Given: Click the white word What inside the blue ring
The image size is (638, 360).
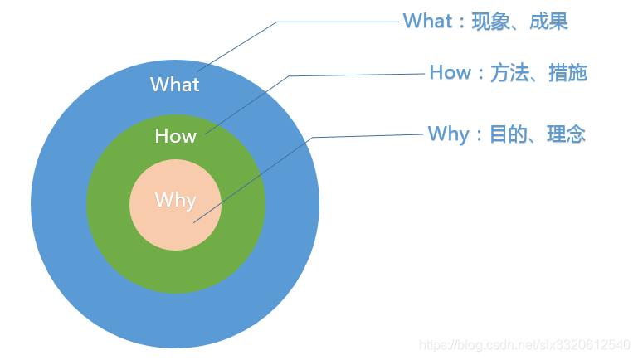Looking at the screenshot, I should [174, 85].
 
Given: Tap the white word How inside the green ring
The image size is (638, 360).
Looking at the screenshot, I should [175, 136].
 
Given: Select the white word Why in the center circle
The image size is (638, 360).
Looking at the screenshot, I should [175, 200].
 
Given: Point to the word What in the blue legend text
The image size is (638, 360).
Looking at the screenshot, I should [427, 22].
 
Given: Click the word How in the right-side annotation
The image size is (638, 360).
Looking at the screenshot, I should [450, 73].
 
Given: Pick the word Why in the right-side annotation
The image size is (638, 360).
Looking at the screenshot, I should [448, 134].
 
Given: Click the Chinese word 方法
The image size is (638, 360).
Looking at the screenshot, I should [510, 73].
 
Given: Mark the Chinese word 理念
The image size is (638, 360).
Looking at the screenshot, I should [566, 134].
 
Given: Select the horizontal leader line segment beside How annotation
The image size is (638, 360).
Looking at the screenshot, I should [357, 75].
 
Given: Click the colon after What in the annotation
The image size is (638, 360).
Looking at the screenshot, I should [461, 22].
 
